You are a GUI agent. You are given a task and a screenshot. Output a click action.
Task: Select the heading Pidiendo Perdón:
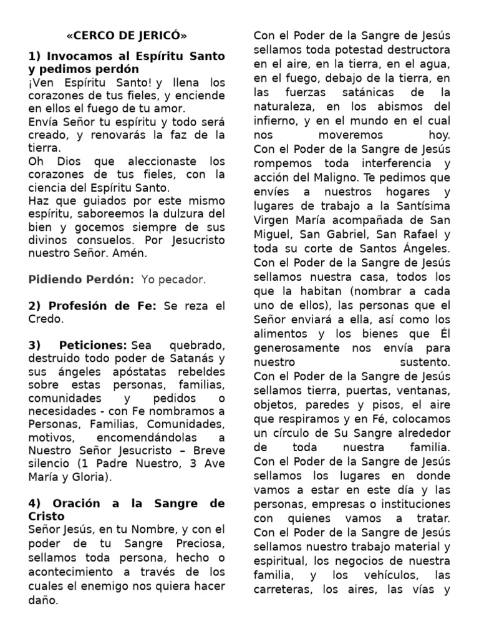point(81,280)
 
